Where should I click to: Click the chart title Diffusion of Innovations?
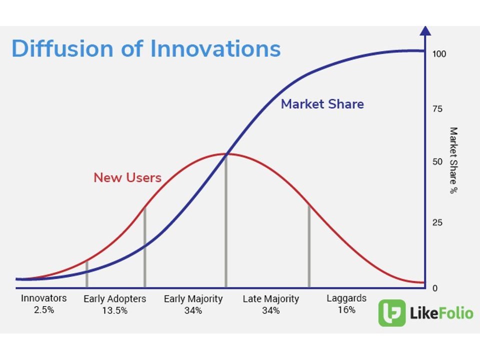pyautogui.click(x=146, y=48)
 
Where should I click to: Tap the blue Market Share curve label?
pyautogui.click(x=322, y=104)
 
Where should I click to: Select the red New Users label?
pyautogui.click(x=127, y=177)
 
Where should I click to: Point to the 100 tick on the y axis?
pyautogui.click(x=439, y=54)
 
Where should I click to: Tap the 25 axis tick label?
pyautogui.click(x=437, y=222)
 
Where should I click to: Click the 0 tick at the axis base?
pyautogui.click(x=435, y=288)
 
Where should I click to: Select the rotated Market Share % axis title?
pyautogui.click(x=453, y=160)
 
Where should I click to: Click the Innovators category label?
pyautogui.click(x=44, y=298)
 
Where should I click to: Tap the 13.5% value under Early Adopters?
pyautogui.click(x=115, y=310)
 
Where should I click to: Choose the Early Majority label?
pyautogui.click(x=193, y=299)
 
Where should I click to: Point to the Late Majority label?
pyautogui.click(x=271, y=299)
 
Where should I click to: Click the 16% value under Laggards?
pyautogui.click(x=346, y=310)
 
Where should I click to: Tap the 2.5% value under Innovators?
pyautogui.click(x=44, y=310)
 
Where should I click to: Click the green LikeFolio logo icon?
pyautogui.click(x=392, y=313)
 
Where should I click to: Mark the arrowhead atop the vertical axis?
pyautogui.click(x=425, y=30)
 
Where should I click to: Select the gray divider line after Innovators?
pyautogui.click(x=87, y=274)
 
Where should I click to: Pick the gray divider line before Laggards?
pyautogui.click(x=309, y=246)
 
